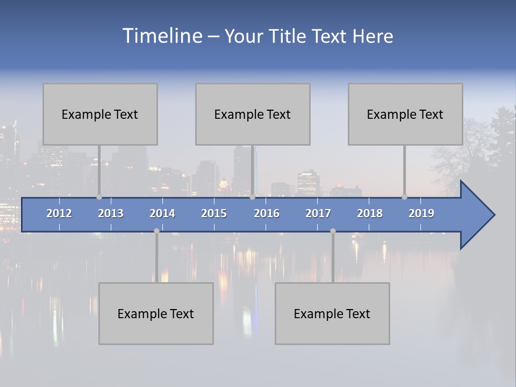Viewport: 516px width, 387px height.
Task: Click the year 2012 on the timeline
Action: [x=59, y=213]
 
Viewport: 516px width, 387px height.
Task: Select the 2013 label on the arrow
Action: [x=111, y=213]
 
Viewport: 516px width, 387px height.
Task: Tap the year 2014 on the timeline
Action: [x=162, y=213]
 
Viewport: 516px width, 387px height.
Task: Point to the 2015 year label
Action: [x=214, y=213]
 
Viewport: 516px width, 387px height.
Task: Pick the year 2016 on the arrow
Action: [x=267, y=213]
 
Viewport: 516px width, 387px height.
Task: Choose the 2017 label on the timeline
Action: [x=318, y=213]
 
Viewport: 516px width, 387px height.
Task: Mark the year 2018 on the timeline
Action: [x=370, y=213]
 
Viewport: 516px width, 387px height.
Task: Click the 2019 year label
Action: [x=421, y=213]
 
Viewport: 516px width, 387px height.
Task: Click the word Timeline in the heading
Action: [x=162, y=36]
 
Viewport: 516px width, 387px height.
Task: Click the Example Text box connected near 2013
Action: [x=100, y=114]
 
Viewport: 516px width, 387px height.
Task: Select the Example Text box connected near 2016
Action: [x=253, y=114]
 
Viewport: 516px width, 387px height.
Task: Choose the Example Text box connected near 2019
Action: [x=405, y=114]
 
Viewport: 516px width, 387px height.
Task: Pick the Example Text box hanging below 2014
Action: [x=156, y=313]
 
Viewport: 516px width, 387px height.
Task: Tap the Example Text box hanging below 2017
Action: [x=332, y=313]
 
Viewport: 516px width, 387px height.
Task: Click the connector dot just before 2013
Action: [x=99, y=197]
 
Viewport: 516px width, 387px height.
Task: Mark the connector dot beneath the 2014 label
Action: [x=156, y=231]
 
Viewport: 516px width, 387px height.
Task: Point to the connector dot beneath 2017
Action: [x=333, y=231]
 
